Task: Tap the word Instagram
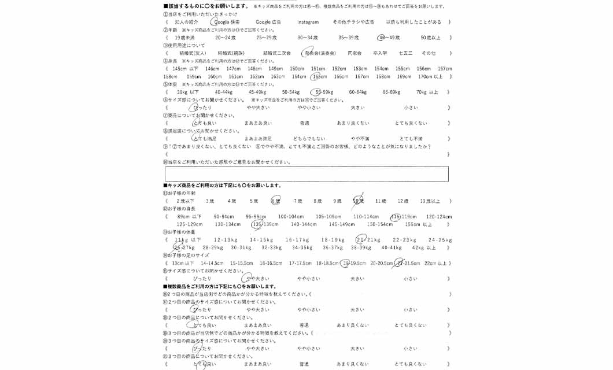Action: point(308,22)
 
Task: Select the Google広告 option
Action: point(268,22)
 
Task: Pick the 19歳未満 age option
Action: point(185,38)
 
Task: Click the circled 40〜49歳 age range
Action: point(389,38)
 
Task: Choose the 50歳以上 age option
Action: point(430,38)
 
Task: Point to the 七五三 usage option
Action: point(405,53)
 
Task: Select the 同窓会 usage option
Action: point(354,53)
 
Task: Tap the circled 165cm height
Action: point(319,76)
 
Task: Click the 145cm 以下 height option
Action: point(186,69)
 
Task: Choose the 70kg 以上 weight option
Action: point(427,92)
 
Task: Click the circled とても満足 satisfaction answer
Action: point(204,139)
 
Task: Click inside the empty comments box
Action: point(306,174)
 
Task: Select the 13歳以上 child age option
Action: point(430,201)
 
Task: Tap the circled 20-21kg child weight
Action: point(368,240)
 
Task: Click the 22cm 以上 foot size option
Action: point(435,263)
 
